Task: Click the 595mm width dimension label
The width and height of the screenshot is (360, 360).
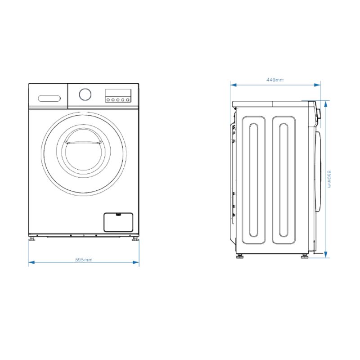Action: coord(84,260)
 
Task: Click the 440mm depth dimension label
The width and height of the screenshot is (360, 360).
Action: coord(275,80)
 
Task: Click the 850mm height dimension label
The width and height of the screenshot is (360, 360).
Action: coord(329,179)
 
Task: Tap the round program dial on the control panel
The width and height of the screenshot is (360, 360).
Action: coord(85,94)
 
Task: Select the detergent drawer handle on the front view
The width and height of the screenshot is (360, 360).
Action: coord(49,99)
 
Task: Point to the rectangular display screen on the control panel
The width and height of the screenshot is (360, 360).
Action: coord(118,93)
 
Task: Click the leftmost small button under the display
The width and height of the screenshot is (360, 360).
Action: coord(108,100)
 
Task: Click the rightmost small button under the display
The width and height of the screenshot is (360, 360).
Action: coord(128,100)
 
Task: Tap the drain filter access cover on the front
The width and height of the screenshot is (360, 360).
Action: coord(118,222)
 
